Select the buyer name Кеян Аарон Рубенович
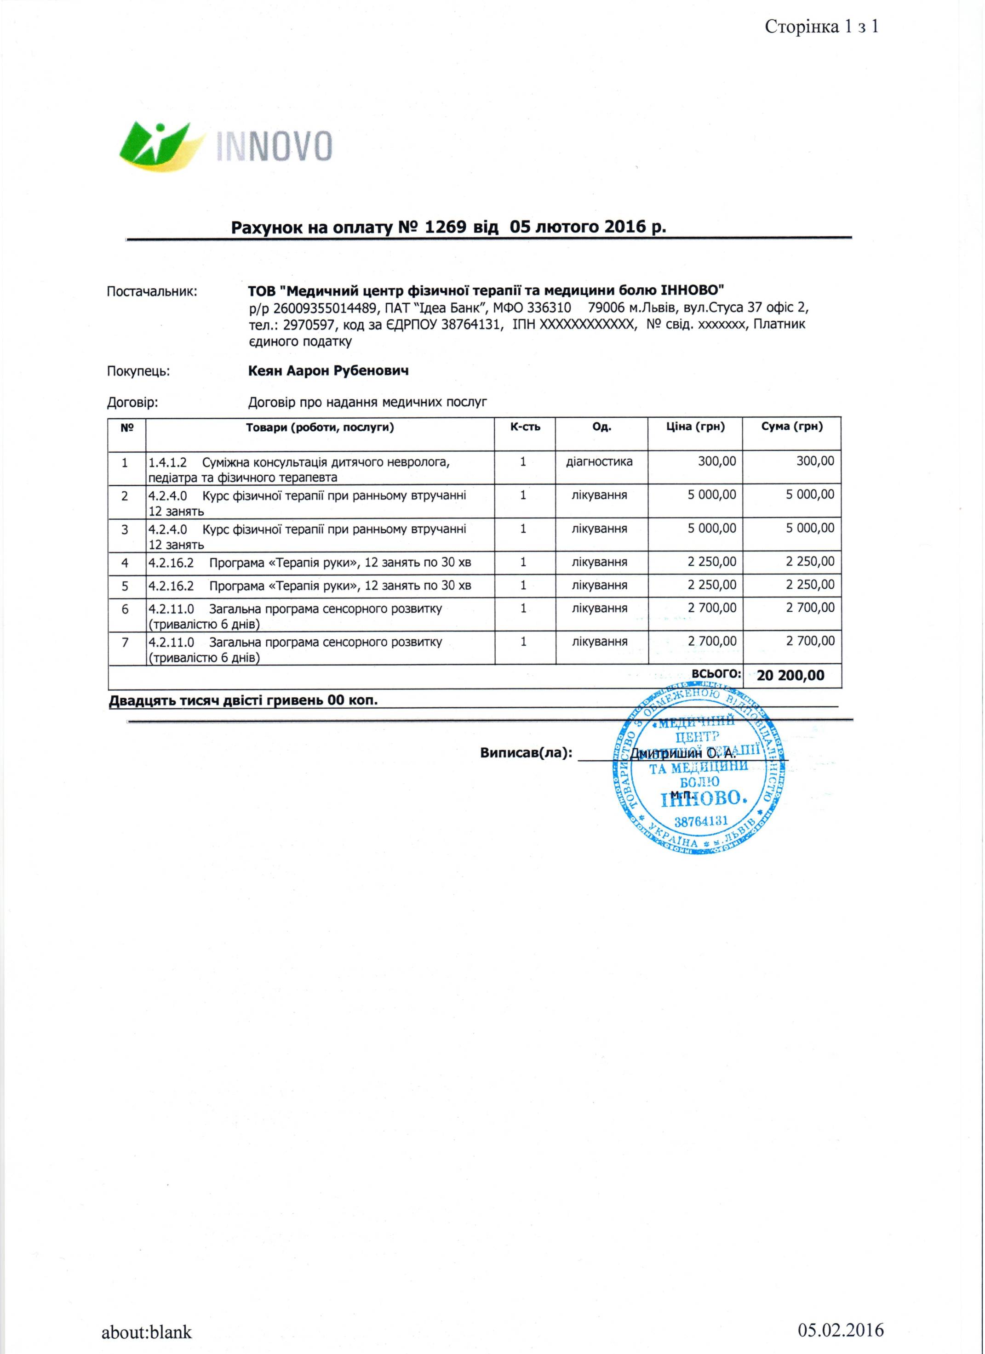click(328, 371)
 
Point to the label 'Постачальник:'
click(152, 292)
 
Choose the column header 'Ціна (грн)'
click(695, 427)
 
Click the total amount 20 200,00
click(790, 675)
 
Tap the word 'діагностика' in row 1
click(599, 461)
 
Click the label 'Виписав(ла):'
click(526, 753)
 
